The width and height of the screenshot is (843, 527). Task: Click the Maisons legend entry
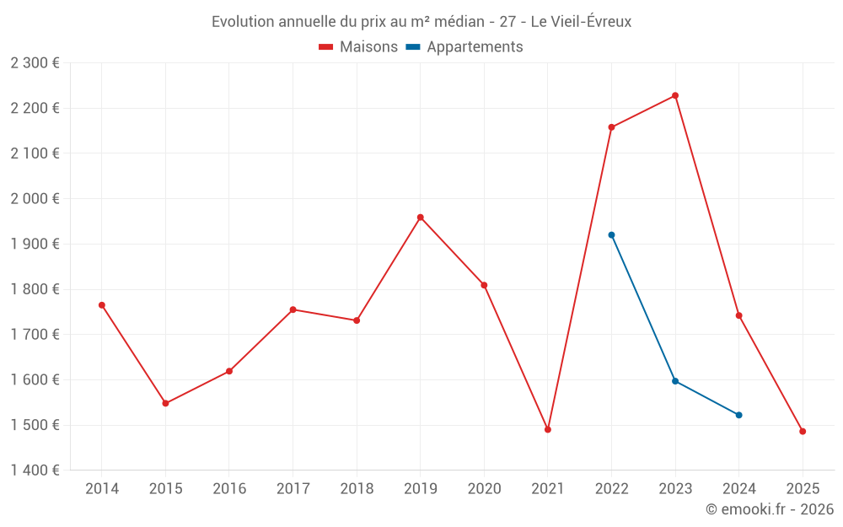coord(358,47)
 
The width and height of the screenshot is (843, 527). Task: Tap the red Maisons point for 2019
coord(421,218)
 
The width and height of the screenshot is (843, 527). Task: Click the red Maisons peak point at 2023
coord(675,95)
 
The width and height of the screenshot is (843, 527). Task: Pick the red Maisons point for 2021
coord(548,429)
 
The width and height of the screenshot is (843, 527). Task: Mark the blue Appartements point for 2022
coord(611,235)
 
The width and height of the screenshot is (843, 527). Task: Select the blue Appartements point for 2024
coord(738,415)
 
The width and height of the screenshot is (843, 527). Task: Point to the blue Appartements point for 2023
coord(675,381)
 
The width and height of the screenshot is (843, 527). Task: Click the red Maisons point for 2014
coord(102,305)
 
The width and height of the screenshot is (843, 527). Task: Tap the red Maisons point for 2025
coord(803,432)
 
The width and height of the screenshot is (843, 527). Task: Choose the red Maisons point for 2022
coord(611,127)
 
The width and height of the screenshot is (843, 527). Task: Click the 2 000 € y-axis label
coord(35,199)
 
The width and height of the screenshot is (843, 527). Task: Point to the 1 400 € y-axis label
coord(35,471)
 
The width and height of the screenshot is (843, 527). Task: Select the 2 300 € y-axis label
coord(35,63)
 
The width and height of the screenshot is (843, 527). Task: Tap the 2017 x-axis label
coord(293,489)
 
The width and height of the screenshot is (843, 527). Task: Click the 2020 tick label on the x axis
coord(484,489)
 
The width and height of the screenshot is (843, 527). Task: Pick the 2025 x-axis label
coord(803,489)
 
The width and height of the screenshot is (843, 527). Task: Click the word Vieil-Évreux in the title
coord(590,22)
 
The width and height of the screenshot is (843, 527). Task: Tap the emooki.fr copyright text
coord(769,509)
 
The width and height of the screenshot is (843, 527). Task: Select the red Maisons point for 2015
coord(165,403)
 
